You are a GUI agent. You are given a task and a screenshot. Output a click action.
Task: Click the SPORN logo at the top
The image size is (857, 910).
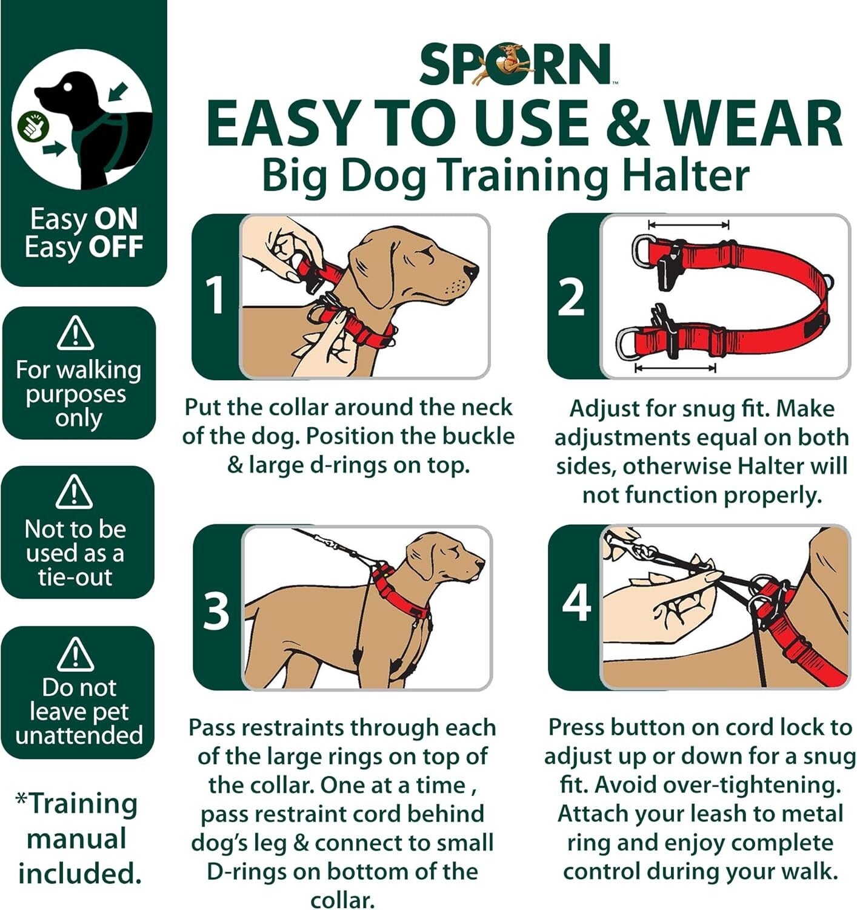tap(516, 64)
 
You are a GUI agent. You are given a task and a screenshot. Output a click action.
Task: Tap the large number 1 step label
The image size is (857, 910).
tap(215, 295)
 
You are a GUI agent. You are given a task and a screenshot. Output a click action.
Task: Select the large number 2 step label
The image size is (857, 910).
tap(571, 297)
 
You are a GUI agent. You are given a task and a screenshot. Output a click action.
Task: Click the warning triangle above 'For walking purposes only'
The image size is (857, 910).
tap(75, 334)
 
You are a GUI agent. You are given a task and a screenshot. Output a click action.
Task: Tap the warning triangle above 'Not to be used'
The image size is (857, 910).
tap(74, 492)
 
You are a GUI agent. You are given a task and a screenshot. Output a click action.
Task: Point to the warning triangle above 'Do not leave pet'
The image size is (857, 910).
tap(75, 653)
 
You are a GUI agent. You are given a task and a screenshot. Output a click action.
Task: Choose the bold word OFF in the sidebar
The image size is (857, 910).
tap(116, 247)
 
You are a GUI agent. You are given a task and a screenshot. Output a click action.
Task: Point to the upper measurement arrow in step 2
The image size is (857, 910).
tap(688, 224)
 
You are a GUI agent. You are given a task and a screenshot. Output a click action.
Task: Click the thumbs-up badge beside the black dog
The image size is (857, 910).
tap(28, 124)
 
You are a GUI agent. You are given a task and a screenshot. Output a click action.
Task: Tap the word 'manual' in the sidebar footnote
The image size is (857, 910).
tap(76, 839)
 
